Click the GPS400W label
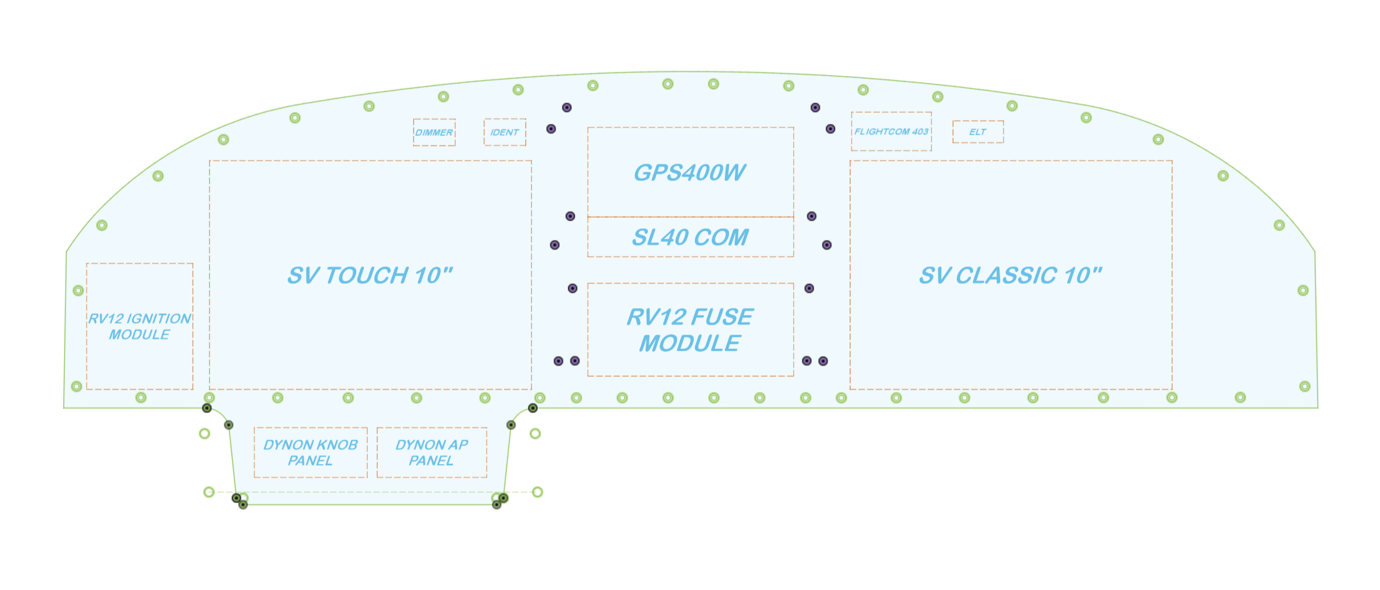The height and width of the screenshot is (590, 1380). tap(690, 173)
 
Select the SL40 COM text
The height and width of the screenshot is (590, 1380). tap(690, 238)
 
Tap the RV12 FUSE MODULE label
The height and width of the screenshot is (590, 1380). tap(690, 330)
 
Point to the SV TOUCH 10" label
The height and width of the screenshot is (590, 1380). tap(370, 276)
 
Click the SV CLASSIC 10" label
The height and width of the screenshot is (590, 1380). tap(1011, 276)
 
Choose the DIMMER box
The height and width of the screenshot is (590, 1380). tap(434, 132)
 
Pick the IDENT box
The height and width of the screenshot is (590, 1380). tap(505, 132)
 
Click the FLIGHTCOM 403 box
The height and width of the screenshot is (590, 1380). tap(891, 132)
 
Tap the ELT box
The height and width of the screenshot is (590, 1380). tap(978, 132)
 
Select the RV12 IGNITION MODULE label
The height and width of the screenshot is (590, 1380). tap(139, 326)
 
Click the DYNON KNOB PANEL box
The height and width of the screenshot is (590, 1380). tap(310, 452)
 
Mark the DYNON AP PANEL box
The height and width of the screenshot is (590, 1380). tap(431, 452)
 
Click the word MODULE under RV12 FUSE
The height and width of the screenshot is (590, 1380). tap(690, 344)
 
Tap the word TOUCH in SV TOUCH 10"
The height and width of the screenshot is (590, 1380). tap(367, 276)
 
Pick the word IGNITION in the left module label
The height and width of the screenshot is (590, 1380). tap(158, 319)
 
